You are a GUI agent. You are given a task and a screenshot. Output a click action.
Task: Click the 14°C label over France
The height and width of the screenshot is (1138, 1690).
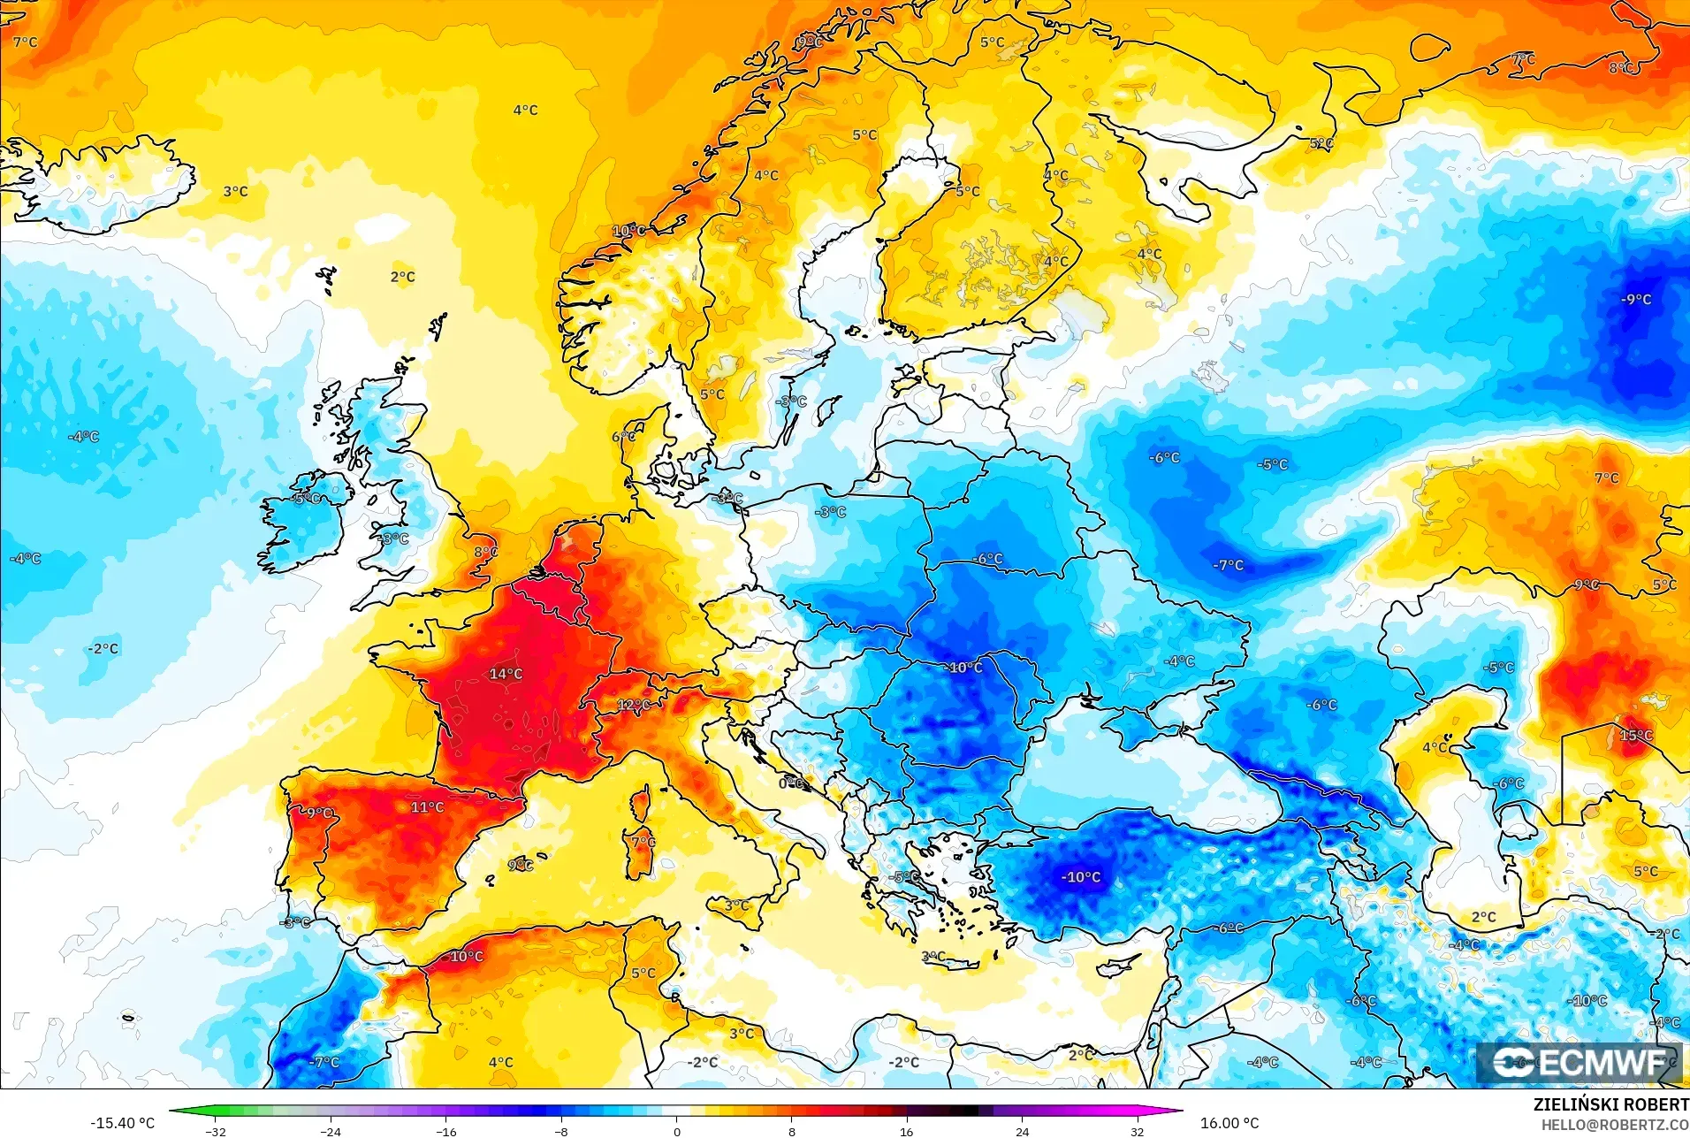click(x=506, y=674)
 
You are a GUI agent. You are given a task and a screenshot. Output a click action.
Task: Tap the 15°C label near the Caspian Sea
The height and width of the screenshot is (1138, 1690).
click(x=1635, y=736)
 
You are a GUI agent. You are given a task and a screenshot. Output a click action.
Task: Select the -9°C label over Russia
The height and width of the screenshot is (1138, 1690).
click(x=1636, y=299)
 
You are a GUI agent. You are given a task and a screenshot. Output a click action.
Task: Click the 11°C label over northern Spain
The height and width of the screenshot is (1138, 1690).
click(x=427, y=807)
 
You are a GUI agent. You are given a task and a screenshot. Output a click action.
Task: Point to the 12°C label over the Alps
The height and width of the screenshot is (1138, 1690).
click(x=634, y=705)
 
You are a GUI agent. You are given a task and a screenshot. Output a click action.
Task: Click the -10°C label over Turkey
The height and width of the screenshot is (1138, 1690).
click(x=1081, y=877)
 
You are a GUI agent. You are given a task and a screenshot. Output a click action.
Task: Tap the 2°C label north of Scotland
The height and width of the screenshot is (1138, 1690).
click(x=402, y=277)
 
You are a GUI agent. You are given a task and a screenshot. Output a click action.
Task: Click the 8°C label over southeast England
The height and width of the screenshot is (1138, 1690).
click(x=485, y=552)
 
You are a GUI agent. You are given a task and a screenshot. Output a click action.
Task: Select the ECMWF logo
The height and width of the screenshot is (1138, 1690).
click(x=1580, y=1063)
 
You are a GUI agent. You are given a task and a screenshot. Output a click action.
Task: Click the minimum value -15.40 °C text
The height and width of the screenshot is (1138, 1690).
click(x=122, y=1123)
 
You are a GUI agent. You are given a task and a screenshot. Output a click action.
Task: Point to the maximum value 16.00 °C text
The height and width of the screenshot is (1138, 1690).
click(x=1229, y=1123)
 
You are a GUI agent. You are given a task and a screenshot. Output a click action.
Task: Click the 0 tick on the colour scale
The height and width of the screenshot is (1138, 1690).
click(x=676, y=1132)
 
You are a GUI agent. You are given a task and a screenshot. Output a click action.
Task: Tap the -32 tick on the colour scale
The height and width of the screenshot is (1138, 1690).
click(x=216, y=1132)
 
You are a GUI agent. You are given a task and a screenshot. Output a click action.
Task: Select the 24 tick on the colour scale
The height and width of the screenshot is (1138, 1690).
click(x=1022, y=1132)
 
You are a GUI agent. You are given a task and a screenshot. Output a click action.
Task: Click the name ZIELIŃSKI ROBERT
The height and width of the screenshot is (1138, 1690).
click(x=1610, y=1105)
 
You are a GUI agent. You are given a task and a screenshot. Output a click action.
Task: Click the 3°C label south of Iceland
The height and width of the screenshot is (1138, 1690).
click(x=235, y=191)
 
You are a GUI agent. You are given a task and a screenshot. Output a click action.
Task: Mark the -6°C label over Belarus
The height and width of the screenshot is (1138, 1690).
click(x=988, y=559)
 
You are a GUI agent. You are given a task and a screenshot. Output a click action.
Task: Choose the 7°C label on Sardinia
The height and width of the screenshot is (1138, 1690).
click(x=643, y=841)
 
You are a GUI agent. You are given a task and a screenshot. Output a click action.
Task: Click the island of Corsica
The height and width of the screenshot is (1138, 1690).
click(x=640, y=803)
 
